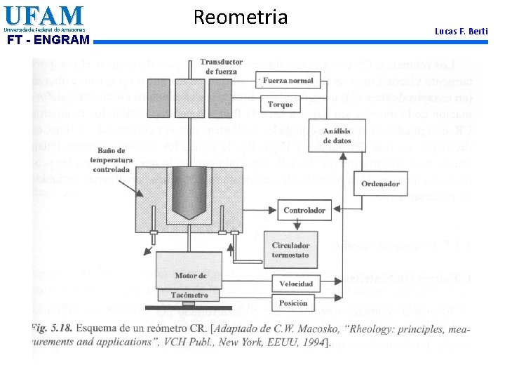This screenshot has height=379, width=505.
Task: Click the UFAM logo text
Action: click(x=43, y=15)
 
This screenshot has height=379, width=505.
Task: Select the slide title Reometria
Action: click(x=240, y=17)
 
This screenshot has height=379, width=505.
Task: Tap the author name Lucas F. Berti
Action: click(x=461, y=31)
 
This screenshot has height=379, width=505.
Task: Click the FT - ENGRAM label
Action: click(x=48, y=40)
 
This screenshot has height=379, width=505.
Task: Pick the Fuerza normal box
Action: click(x=288, y=81)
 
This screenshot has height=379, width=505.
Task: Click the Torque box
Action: click(x=280, y=105)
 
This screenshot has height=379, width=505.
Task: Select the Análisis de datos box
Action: click(x=337, y=135)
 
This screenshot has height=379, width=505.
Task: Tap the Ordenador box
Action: click(x=380, y=184)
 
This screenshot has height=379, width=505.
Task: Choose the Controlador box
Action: click(x=304, y=210)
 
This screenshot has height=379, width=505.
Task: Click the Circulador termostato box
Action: click(x=290, y=250)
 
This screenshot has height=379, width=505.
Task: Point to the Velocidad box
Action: click(x=296, y=284)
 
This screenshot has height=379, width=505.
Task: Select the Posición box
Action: click(x=293, y=304)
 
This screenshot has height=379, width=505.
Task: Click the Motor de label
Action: click(x=190, y=276)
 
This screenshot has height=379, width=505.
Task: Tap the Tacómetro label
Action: click(x=190, y=295)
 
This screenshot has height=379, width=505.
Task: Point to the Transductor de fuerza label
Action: click(x=221, y=67)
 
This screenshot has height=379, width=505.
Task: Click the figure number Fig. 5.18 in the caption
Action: click(x=52, y=328)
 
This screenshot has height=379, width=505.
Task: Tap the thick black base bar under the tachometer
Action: click(x=190, y=307)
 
